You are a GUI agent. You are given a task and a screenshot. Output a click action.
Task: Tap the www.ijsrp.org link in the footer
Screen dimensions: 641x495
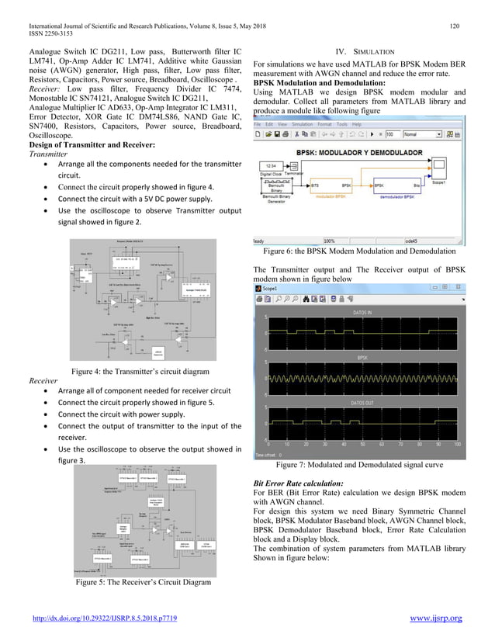point(430,618)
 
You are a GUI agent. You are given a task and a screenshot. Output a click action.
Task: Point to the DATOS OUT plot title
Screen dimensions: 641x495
point(362,404)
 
